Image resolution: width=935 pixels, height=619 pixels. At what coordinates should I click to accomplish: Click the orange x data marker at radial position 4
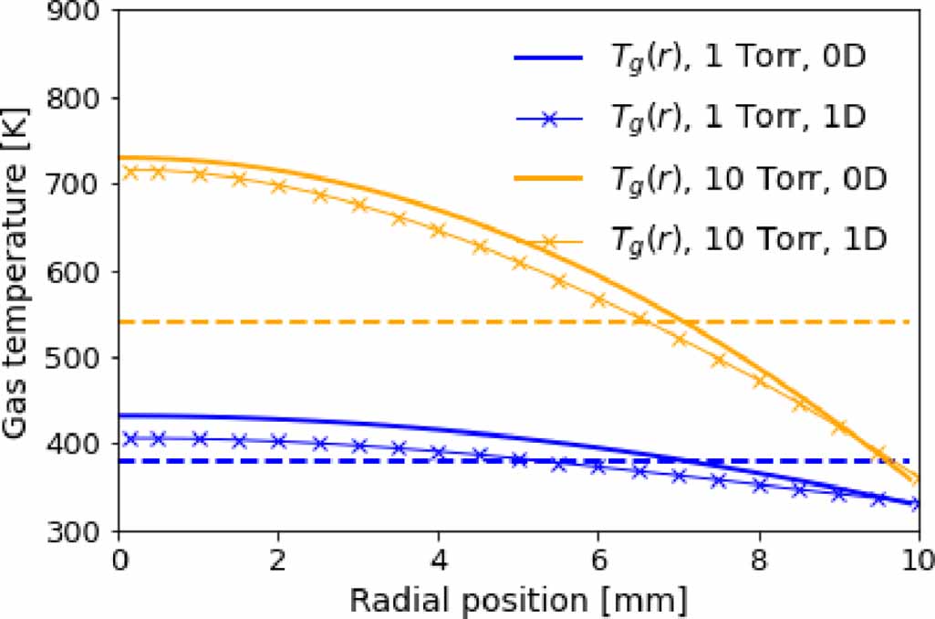pyautogui.click(x=438, y=230)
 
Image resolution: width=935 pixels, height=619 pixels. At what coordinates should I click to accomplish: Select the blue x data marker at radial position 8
pyautogui.click(x=759, y=486)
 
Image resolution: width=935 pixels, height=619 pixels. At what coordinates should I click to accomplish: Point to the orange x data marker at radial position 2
pyautogui.click(x=278, y=186)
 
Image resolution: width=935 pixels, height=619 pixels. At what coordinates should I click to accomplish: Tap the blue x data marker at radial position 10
pyautogui.click(x=917, y=503)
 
